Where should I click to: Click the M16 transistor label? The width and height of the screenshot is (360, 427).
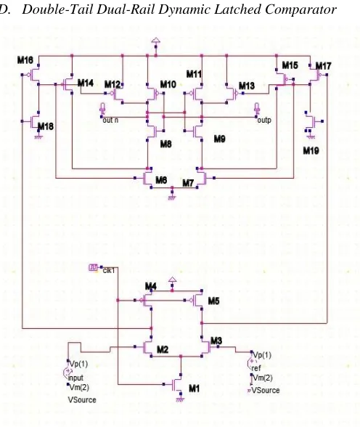click(x=25, y=60)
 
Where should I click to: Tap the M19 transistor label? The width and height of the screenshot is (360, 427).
click(x=311, y=150)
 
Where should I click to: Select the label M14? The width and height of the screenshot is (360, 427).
click(x=86, y=83)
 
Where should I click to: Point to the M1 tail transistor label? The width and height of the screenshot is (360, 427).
click(x=194, y=389)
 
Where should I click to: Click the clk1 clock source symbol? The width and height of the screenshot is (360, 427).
click(x=93, y=268)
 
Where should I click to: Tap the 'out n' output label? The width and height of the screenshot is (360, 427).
click(x=110, y=120)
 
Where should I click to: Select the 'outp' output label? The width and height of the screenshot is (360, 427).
click(x=264, y=121)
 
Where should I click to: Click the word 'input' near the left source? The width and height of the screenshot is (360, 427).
click(x=75, y=378)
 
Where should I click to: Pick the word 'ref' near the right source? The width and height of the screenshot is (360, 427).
click(x=256, y=368)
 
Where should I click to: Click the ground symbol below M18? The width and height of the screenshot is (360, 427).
click(x=38, y=137)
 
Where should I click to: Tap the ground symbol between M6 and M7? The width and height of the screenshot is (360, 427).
click(x=172, y=198)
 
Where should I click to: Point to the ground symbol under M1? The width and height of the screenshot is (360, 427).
click(x=180, y=399)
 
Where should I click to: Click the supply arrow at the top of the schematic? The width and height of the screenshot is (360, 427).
click(x=155, y=41)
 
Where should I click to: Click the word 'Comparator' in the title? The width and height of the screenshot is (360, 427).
click(x=300, y=10)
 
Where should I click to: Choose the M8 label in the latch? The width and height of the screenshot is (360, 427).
click(x=165, y=144)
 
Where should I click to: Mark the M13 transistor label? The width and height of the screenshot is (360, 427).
click(x=247, y=86)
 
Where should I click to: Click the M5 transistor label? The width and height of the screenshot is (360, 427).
click(x=213, y=301)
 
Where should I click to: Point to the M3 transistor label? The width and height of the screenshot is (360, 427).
click(x=216, y=341)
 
